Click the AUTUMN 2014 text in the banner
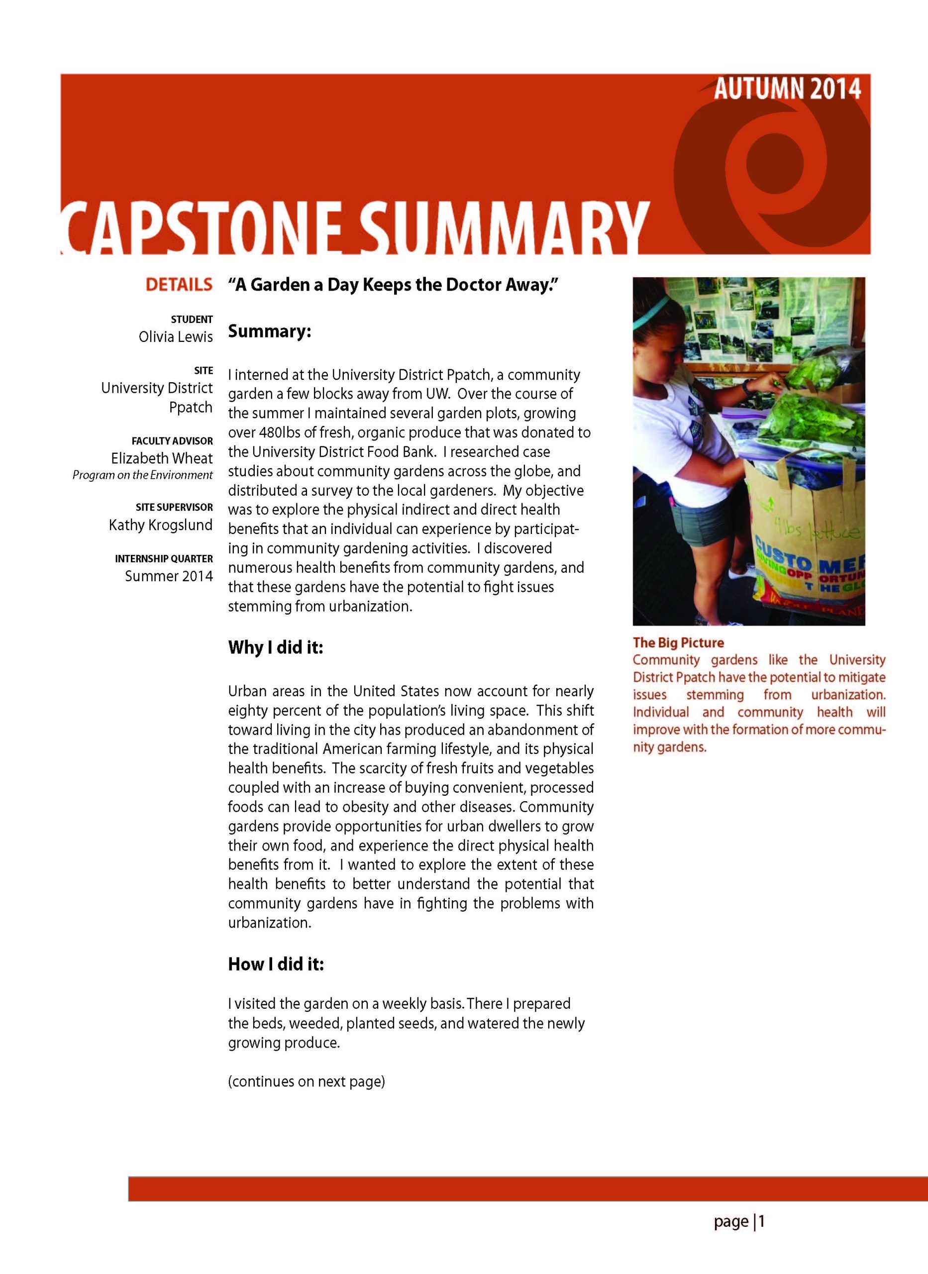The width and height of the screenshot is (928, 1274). [x=787, y=89]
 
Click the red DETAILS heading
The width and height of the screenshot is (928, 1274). [x=179, y=285]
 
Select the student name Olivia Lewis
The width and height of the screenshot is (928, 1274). [x=175, y=337]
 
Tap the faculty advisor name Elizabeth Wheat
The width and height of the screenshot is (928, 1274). [x=162, y=458]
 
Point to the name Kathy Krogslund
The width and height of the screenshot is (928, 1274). [x=161, y=525]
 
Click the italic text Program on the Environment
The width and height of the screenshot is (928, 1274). [x=142, y=475]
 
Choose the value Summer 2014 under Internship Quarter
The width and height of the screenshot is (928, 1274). [x=169, y=576]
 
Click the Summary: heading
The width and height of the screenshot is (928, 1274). [x=269, y=331]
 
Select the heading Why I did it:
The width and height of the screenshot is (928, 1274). [x=275, y=647]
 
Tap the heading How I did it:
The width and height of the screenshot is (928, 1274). [x=276, y=964]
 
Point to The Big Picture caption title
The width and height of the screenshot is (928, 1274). [x=678, y=642]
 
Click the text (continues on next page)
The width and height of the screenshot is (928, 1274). [x=306, y=1081]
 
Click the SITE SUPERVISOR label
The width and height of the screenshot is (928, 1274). [x=174, y=507]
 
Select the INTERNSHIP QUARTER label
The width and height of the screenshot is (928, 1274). [x=164, y=559]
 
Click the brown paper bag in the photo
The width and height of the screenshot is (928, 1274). [x=803, y=539]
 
